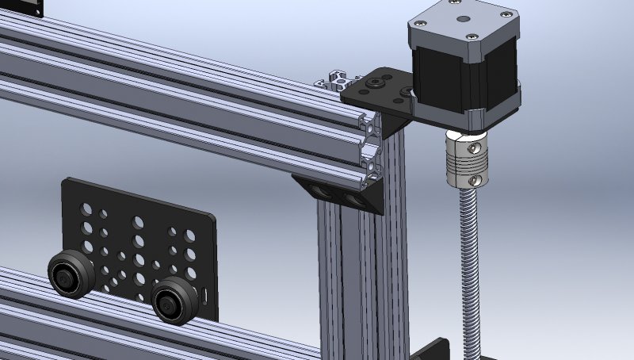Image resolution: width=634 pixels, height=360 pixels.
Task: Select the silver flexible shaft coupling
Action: click(x=467, y=159)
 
